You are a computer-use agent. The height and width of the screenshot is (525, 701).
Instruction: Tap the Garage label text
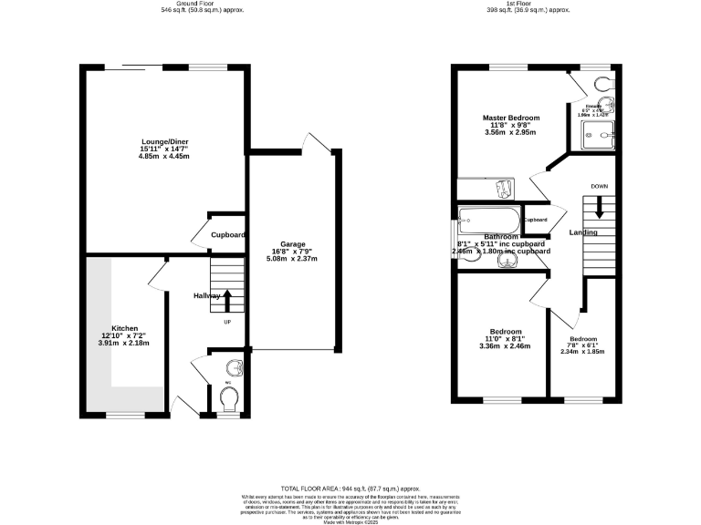(292, 244)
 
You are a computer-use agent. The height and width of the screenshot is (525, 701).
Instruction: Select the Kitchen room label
(124, 328)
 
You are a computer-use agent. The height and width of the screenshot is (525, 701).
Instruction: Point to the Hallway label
(207, 296)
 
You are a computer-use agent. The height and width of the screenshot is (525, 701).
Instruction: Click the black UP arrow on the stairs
(228, 301)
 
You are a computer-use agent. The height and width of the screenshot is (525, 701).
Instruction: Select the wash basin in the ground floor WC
(234, 366)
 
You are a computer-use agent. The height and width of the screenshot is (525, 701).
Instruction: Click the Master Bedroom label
(511, 118)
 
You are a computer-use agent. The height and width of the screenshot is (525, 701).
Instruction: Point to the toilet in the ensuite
(602, 85)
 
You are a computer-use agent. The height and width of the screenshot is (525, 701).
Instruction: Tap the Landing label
(583, 234)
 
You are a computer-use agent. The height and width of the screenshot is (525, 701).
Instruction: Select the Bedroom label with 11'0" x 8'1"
(506, 331)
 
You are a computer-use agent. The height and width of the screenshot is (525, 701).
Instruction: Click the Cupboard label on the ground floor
(228, 235)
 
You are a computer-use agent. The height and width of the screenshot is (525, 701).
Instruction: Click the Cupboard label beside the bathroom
(535, 220)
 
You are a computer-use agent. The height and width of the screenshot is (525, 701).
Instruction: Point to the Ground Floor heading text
(179, 5)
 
